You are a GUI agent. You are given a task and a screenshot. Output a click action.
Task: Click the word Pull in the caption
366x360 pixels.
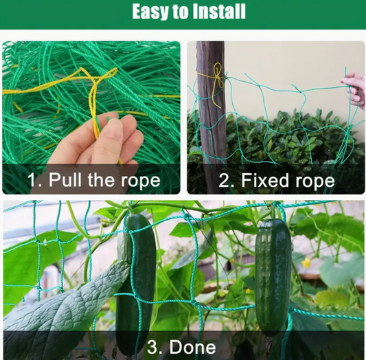click(x=62, y=181)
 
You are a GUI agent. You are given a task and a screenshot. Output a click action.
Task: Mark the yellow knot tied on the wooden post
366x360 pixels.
click(x=217, y=73)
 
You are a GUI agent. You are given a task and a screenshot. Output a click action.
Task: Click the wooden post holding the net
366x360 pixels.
click(x=210, y=117)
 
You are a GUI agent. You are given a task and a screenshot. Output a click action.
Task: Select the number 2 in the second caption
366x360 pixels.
click(x=225, y=181)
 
